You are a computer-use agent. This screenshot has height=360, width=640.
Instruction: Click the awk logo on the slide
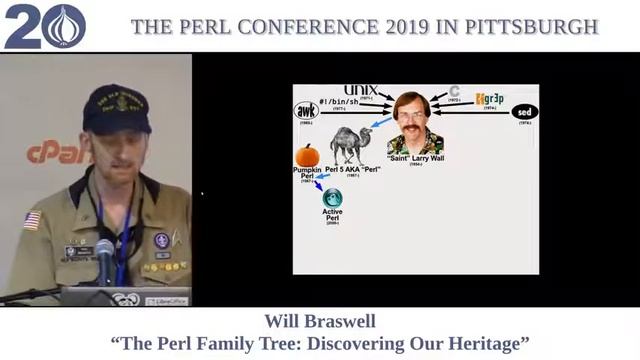point(306,111)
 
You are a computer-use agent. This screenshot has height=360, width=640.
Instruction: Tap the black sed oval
point(524,111)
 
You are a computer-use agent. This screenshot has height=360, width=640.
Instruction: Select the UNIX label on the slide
point(359,91)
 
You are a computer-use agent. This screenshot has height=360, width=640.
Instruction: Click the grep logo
point(491,99)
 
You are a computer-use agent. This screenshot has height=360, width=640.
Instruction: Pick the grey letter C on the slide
point(455,92)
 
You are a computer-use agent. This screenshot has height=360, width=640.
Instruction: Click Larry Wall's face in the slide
point(412,111)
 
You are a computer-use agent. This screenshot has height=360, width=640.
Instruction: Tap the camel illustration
point(351,144)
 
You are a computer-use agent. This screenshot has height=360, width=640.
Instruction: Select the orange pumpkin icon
point(307,155)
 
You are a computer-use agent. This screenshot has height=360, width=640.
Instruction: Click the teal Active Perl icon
point(332,198)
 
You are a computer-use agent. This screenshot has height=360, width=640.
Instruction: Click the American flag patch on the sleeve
point(32,220)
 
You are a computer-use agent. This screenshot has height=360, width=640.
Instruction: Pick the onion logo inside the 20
point(63,26)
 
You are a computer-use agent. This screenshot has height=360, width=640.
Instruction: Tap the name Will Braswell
point(319,321)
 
